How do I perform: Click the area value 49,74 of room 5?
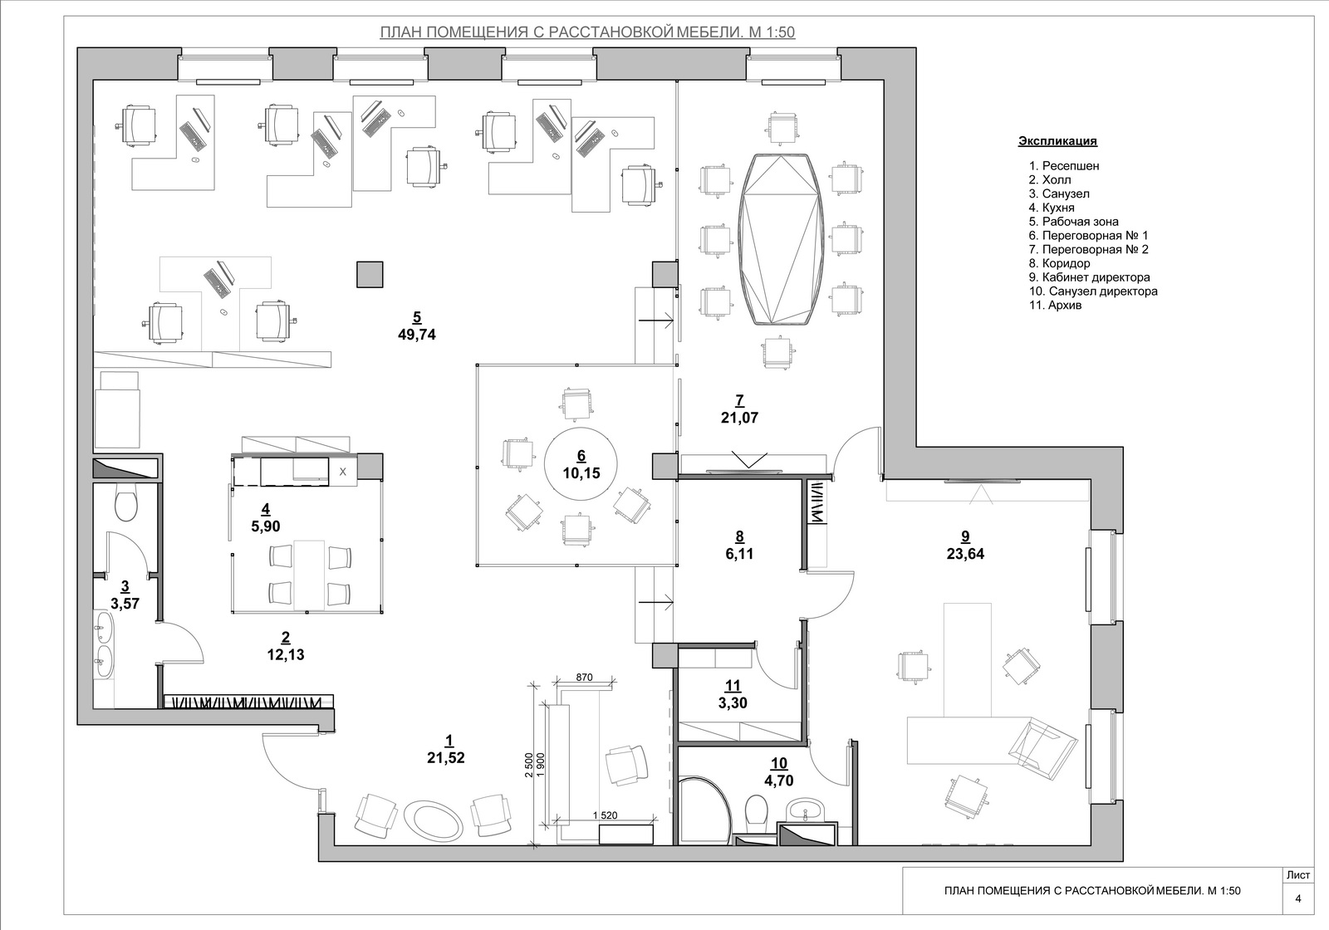pos(416,335)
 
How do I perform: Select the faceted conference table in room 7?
pos(782,239)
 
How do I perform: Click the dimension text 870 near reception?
pos(584,678)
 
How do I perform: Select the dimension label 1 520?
pos(605,815)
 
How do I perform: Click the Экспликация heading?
pos(1058,141)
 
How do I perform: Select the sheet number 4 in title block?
pos(1298,898)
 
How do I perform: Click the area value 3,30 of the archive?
pos(733,703)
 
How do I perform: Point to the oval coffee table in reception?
pos(433,821)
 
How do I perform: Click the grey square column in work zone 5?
pos(370,275)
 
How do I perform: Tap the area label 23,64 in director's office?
pos(965,554)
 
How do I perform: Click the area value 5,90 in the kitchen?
pos(266,526)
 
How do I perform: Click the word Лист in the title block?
pos(1298,875)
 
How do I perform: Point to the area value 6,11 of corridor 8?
pos(739,554)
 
